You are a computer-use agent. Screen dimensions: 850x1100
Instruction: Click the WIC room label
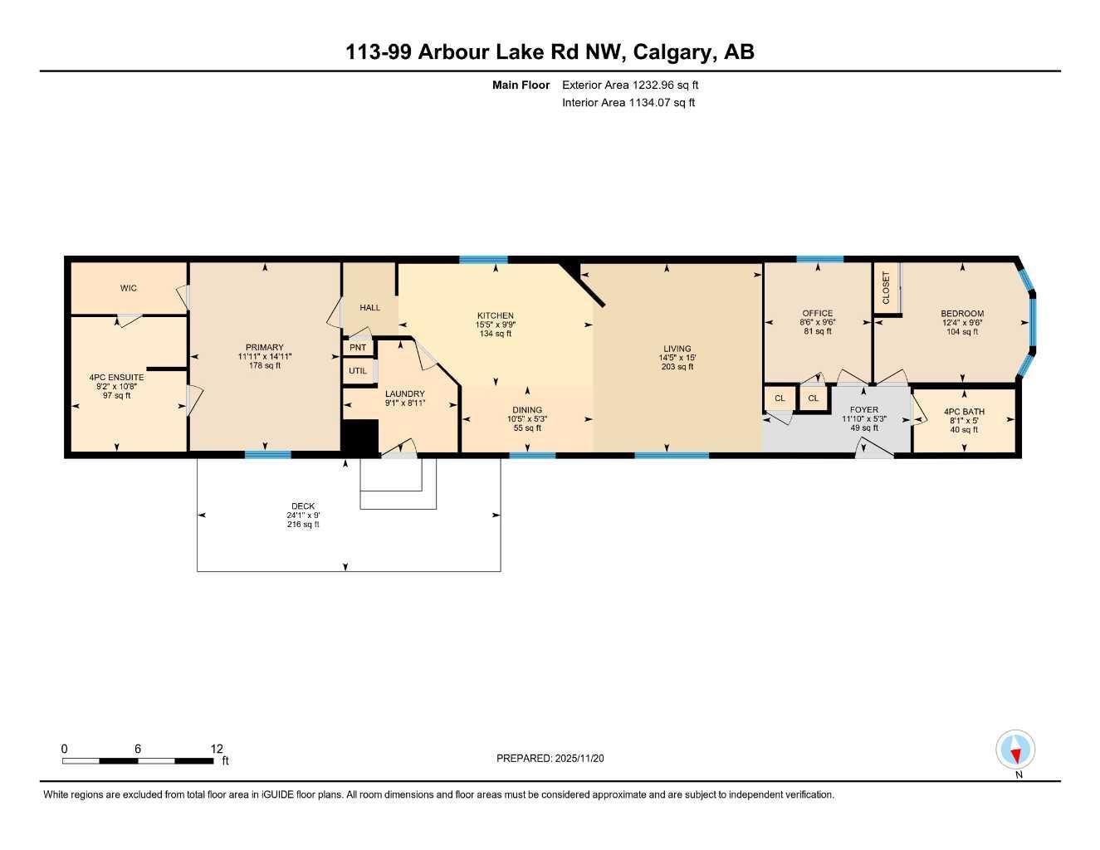pyautogui.click(x=128, y=288)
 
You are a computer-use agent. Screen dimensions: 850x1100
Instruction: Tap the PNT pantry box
pyautogui.click(x=358, y=348)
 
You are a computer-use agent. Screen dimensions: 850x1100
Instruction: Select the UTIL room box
pyautogui.click(x=358, y=371)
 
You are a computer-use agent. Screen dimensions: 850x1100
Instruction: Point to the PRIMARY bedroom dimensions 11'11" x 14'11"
pyautogui.click(x=264, y=356)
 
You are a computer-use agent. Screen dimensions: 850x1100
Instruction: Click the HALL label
pyautogui.click(x=369, y=308)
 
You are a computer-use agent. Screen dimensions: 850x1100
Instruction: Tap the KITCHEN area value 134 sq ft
pyautogui.click(x=495, y=334)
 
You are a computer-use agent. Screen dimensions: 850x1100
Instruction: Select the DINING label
pyautogui.click(x=527, y=410)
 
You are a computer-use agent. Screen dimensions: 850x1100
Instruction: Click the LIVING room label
pyautogui.click(x=677, y=349)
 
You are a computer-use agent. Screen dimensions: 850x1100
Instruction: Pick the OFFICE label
pyautogui.click(x=817, y=313)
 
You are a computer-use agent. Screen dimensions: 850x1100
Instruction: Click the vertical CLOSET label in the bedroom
pyautogui.click(x=886, y=288)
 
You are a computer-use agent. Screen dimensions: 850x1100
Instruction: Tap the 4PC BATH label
pyautogui.click(x=964, y=412)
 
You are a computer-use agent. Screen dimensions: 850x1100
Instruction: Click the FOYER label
pyautogui.click(x=864, y=410)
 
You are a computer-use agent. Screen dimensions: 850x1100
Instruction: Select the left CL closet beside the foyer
pyautogui.click(x=780, y=398)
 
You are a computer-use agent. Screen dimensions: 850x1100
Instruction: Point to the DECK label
pyautogui.click(x=303, y=506)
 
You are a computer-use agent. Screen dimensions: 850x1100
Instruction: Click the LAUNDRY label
pyautogui.click(x=404, y=393)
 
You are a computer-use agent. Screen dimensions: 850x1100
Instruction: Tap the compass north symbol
pyautogui.click(x=1015, y=750)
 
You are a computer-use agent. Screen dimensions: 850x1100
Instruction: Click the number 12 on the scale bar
pyautogui.click(x=217, y=749)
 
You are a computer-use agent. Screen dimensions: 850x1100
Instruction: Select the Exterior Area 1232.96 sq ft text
pyautogui.click(x=630, y=85)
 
